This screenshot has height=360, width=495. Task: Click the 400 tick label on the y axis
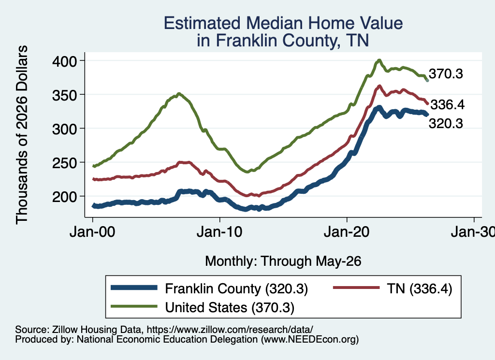(x=64, y=61)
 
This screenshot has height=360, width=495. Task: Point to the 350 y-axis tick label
(x=64, y=95)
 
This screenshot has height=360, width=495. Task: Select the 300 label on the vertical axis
(x=64, y=129)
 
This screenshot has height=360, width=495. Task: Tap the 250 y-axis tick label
(x=64, y=163)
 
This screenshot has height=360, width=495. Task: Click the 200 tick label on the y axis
(x=64, y=197)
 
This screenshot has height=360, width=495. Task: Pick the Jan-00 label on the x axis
(x=92, y=232)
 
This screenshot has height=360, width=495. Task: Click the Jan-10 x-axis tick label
(x=219, y=232)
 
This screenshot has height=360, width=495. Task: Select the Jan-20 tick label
(x=347, y=232)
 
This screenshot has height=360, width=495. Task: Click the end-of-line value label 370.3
(x=446, y=74)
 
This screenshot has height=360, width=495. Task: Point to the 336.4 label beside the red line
(x=447, y=104)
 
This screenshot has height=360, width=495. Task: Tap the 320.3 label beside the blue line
(x=446, y=123)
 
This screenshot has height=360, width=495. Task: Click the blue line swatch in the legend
(x=134, y=288)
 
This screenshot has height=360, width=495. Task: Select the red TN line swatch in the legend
(x=356, y=288)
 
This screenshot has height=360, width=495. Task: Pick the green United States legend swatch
(x=134, y=306)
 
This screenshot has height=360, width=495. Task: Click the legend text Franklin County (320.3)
(x=236, y=288)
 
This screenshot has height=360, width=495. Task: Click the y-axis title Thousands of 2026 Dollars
(x=22, y=135)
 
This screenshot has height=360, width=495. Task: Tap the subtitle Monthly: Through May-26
(x=283, y=261)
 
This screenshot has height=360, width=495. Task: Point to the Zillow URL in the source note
(x=230, y=330)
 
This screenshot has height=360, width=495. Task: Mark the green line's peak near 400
(x=379, y=60)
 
